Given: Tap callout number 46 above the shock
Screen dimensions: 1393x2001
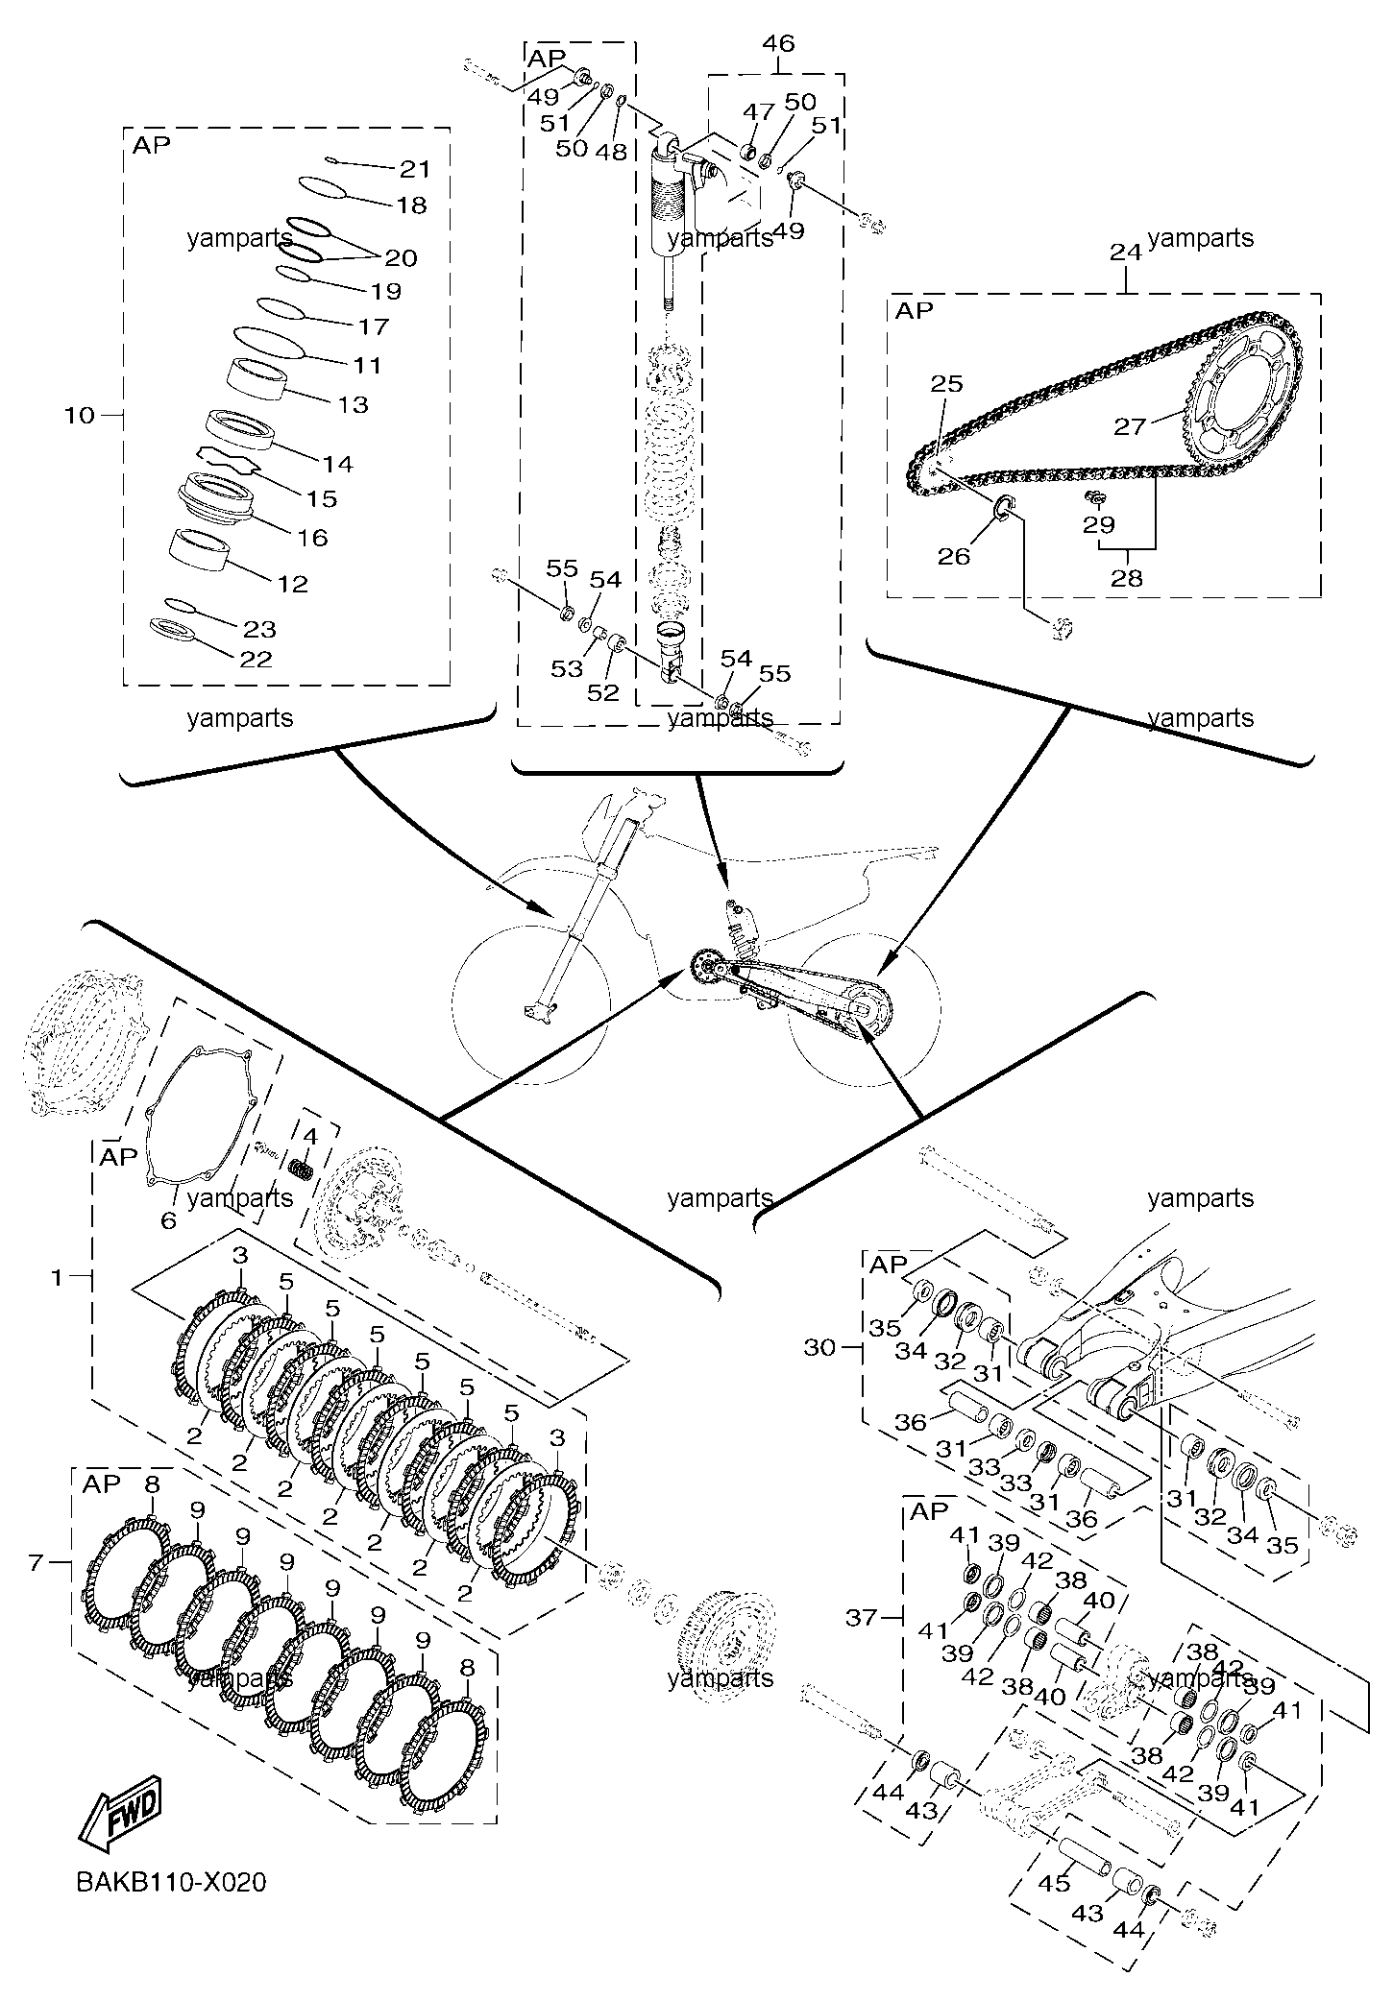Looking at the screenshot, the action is tap(778, 43).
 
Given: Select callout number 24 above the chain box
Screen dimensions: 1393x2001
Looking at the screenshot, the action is tap(1126, 252).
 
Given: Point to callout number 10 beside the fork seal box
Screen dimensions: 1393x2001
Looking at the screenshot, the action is tap(81, 416).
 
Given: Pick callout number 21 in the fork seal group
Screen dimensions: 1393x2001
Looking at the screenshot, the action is tap(415, 169).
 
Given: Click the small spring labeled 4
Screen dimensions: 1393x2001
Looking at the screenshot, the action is tap(305, 1170).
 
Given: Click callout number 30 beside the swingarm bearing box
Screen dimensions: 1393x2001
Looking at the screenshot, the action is tap(820, 1347).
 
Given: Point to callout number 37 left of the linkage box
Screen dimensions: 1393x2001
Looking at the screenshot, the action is tap(861, 1618).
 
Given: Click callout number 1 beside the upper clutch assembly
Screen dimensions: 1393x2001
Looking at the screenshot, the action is tap(57, 1278).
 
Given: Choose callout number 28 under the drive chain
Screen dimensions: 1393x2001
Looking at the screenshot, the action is tap(1127, 578).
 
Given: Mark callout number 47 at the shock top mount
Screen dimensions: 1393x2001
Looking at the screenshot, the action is tap(758, 112).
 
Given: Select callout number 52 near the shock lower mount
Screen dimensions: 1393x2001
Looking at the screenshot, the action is tap(602, 692).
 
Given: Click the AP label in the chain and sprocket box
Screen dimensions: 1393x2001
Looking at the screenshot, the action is tap(915, 310).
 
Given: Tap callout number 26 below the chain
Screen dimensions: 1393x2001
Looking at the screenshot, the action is tap(954, 555).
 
